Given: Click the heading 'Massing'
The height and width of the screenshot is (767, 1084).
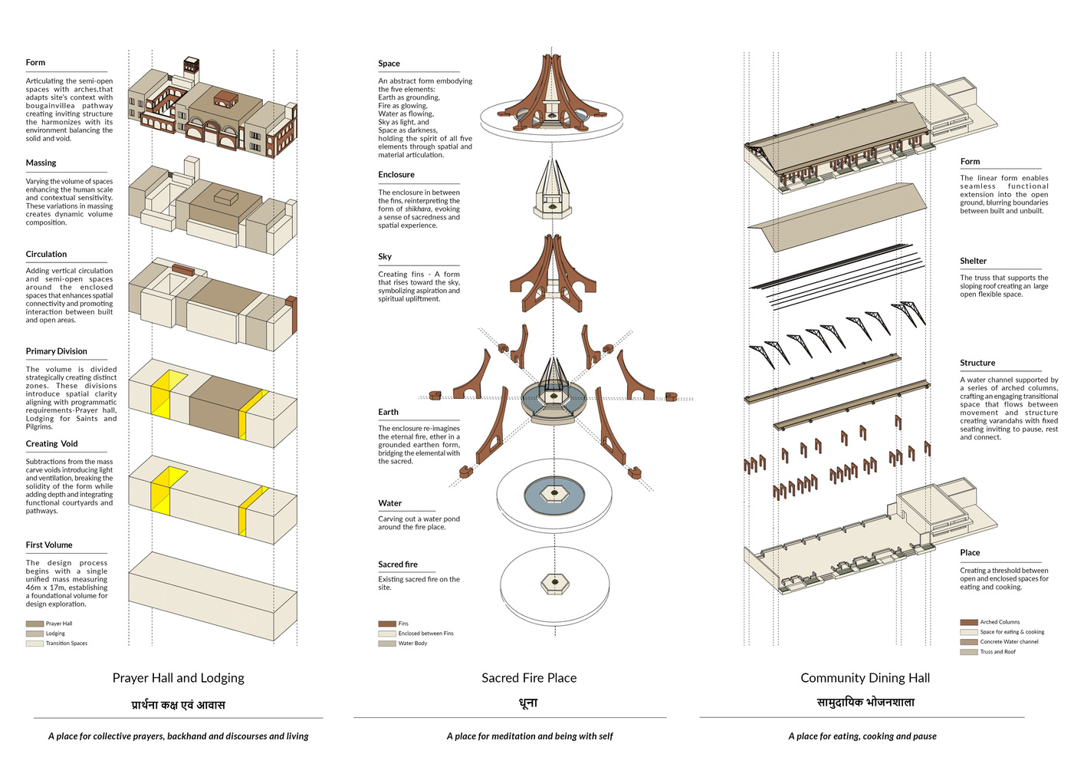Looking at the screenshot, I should [x=41, y=163].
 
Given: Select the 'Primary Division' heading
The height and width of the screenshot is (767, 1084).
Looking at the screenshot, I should [x=57, y=351].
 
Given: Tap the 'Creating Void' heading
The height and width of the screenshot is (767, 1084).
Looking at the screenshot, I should [x=52, y=443].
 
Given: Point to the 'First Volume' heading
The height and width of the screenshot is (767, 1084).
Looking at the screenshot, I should [x=49, y=545].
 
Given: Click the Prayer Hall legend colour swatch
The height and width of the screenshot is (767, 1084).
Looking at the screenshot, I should [x=34, y=624].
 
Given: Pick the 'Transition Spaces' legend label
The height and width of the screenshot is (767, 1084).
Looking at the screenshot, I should [x=67, y=644].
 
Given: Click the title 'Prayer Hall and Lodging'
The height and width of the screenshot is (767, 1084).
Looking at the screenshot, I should [x=179, y=678].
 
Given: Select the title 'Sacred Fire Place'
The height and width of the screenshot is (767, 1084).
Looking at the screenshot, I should [x=529, y=678].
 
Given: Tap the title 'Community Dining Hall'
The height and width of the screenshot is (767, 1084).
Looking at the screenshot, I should [x=865, y=678].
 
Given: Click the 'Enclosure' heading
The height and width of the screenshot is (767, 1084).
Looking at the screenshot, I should [x=396, y=175].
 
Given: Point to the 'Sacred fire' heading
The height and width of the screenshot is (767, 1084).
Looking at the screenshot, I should [x=398, y=564].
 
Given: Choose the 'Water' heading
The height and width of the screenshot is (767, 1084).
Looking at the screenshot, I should [x=390, y=503].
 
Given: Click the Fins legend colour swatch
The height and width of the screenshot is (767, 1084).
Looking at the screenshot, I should [x=386, y=624].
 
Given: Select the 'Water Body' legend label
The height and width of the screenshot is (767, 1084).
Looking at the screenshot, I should [x=412, y=644].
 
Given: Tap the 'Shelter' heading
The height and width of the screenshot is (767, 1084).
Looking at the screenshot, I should [x=974, y=261].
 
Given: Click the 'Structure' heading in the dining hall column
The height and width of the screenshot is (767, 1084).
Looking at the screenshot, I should [x=977, y=363].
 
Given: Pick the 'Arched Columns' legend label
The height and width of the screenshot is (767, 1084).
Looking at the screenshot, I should [x=1000, y=622].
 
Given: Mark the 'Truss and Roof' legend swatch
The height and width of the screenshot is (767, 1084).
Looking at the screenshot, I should [x=969, y=652].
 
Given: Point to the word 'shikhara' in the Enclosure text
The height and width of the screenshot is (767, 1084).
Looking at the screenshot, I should [x=418, y=209].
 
